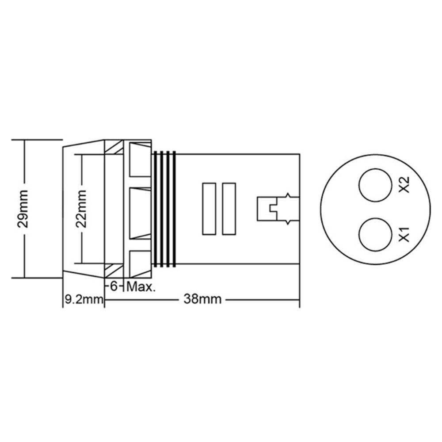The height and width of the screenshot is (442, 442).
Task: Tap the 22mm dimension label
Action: click(81, 208)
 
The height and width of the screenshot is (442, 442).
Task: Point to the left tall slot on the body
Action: click(208, 209)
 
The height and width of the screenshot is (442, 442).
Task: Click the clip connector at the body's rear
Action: click(273, 208)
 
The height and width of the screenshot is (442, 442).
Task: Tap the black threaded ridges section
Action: click(164, 209)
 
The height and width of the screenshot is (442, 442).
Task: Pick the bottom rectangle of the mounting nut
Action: click(140, 263)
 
